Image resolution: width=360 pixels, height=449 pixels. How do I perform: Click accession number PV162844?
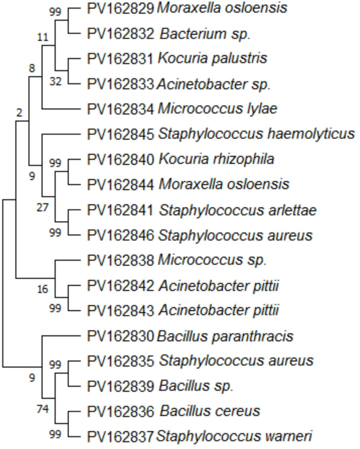120,184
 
